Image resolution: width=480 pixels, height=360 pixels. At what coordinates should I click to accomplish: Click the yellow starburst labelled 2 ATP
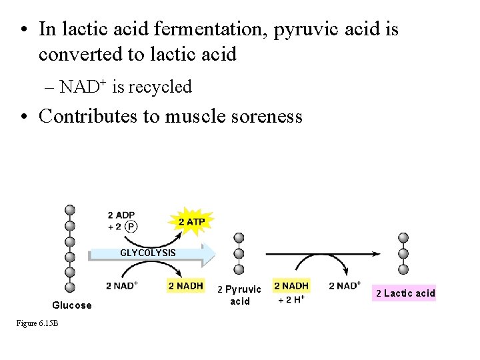[192, 221]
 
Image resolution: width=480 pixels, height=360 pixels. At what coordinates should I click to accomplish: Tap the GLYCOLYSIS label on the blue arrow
[148, 253]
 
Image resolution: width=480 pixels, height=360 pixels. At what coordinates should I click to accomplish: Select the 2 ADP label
[121, 215]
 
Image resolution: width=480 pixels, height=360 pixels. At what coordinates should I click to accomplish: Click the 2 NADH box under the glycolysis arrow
[185, 285]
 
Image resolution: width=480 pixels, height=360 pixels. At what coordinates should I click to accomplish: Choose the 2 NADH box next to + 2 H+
[291, 285]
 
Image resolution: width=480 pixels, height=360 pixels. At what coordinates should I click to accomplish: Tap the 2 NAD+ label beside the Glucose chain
[122, 285]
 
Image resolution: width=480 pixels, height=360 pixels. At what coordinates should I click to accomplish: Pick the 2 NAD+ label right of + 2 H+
[345, 285]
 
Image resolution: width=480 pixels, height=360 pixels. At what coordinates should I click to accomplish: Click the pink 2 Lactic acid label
[405, 293]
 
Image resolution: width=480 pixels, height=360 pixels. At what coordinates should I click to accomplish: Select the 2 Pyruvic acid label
[240, 295]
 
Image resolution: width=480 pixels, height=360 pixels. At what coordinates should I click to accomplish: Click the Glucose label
[72, 305]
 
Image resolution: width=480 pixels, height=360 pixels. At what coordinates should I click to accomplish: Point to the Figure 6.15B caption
[38, 323]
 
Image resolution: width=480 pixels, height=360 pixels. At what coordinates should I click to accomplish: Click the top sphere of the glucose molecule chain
[69, 210]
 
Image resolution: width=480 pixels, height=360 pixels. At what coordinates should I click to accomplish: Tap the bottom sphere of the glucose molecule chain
[69, 287]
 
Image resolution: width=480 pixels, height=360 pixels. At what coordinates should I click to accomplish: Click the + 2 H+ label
[290, 299]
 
